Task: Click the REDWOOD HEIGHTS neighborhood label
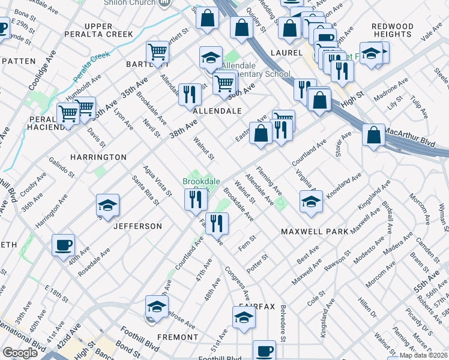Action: (x=393, y=31)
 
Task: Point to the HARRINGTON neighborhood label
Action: (x=98, y=157)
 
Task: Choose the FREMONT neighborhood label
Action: (x=177, y=337)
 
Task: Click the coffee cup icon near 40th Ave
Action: (x=63, y=245)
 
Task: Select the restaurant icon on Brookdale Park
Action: (x=196, y=200)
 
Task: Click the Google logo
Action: (x=20, y=353)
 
